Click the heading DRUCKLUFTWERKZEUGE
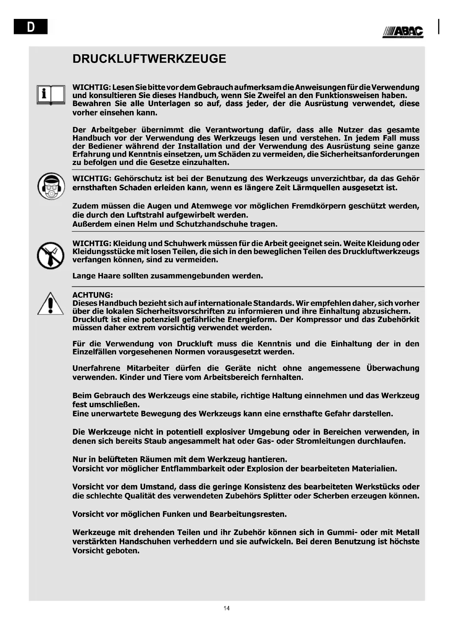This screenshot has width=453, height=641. tap(149, 59)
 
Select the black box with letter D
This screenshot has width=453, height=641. tap(30, 26)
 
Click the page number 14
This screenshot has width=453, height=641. tap(226, 608)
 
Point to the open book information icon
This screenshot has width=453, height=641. tap(51, 95)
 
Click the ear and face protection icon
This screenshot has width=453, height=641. tap(51, 186)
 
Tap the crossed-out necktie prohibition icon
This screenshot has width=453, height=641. tap(50, 255)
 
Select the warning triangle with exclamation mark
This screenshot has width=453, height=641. tap(50, 304)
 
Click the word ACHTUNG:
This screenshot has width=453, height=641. tap(93, 295)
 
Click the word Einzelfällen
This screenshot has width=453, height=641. tap(94, 352)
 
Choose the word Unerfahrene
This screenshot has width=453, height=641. tap(96, 368)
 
